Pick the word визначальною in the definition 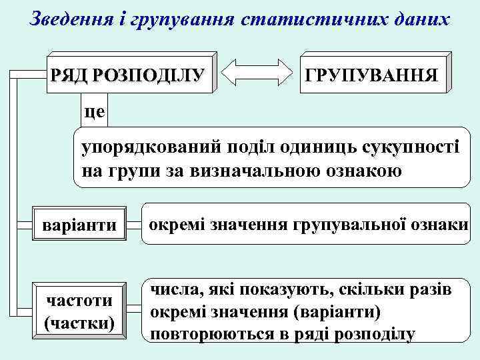coord(265,171)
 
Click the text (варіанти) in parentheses coord(342,311)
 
